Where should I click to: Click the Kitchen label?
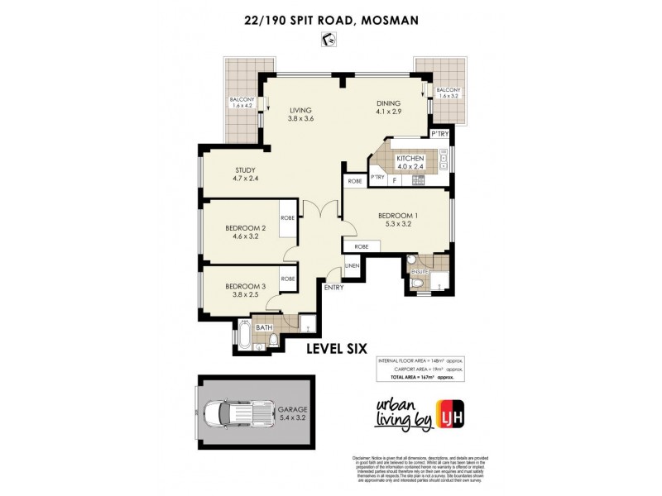(x=410, y=162)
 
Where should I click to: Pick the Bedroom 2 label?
(x=245, y=233)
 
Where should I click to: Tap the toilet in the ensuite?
(x=420, y=283)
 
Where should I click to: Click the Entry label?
(x=334, y=288)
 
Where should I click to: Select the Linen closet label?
(x=351, y=265)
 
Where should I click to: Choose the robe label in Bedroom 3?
(x=288, y=279)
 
